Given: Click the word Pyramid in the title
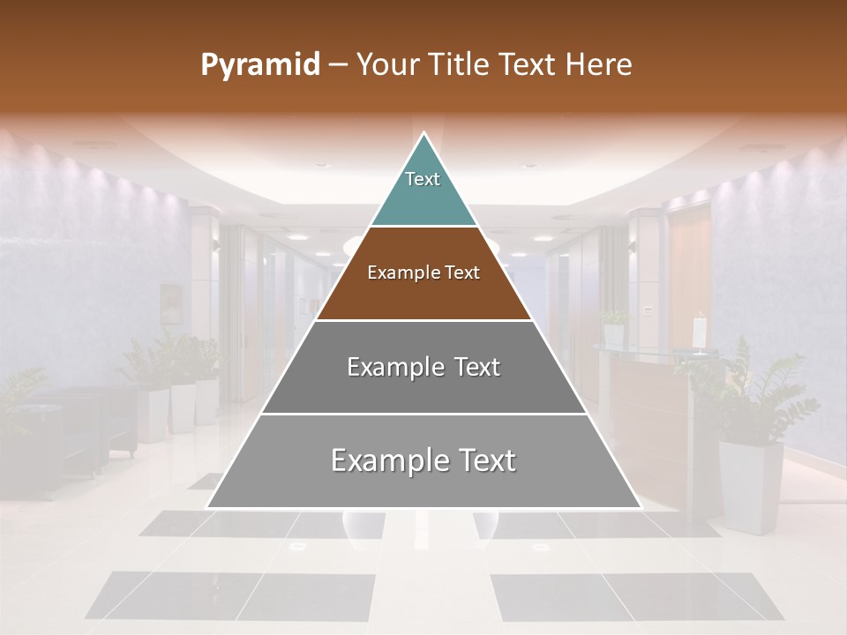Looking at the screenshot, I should point(260,64).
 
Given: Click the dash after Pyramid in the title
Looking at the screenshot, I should point(337,65).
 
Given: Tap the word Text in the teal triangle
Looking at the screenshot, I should point(423,179).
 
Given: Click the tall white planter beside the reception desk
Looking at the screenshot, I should point(750,485).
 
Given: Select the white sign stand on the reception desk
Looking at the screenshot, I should point(700,333).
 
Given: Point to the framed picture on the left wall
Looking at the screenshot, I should point(170,302).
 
